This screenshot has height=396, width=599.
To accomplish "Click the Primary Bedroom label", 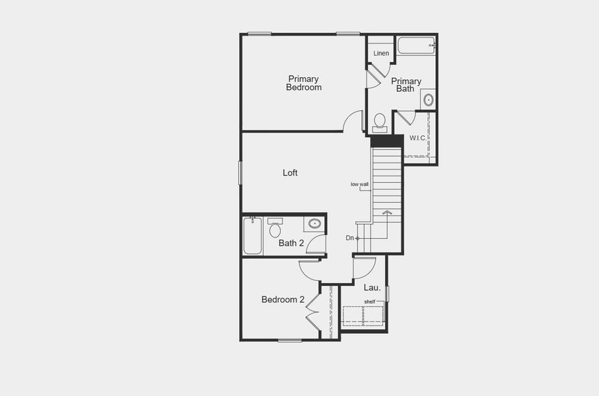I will (304, 83).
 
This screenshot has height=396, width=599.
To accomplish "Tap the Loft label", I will (290, 173).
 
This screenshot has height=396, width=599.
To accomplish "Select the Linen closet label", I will (381, 53).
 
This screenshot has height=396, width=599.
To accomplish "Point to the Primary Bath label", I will (406, 85).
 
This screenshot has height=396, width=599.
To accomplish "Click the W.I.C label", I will (417, 138).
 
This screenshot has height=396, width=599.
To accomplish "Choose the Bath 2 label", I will (291, 243).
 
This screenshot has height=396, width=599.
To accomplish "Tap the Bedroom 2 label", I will (283, 300).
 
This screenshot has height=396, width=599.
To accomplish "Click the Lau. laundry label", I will (372, 288).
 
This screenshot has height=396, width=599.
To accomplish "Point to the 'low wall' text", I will (360, 184).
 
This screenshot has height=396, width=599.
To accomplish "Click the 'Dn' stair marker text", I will (349, 238).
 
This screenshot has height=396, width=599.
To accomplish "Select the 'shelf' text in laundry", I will (370, 302).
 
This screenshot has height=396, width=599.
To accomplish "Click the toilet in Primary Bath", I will (380, 122).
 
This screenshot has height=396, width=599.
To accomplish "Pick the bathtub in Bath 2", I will (252, 236).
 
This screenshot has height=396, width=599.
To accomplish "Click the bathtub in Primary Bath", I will (416, 46).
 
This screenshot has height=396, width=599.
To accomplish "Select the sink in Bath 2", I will (314, 224).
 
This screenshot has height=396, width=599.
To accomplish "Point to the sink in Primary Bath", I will (428, 100).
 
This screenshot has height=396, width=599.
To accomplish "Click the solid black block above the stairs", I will (387, 141).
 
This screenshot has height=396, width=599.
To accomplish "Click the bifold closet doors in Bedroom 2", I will (312, 310).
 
